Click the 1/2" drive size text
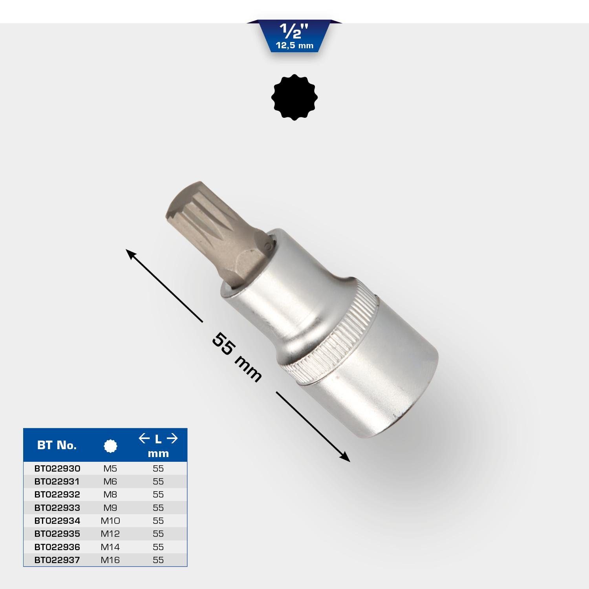294,31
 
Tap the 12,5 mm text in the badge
294,46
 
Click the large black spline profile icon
294,97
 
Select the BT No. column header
57,445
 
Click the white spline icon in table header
110,446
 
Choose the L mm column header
158,446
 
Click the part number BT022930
57,468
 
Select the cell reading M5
110,468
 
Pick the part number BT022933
57,508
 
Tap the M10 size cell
110,521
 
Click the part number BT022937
57,560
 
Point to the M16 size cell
110,560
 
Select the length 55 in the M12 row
158,534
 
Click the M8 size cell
110,494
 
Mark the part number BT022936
57,547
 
